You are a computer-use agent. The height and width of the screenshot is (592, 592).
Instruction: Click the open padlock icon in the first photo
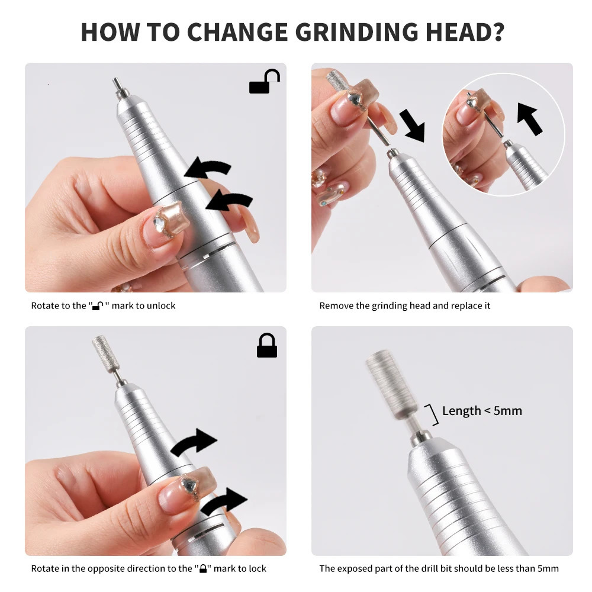click(264, 82)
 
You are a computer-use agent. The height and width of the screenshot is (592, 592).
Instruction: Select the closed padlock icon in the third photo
click(267, 346)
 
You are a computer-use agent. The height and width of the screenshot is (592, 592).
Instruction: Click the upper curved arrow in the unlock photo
click(208, 169)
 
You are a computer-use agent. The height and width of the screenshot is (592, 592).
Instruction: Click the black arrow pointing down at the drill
click(412, 125)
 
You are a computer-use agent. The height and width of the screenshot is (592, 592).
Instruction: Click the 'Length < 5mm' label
click(482, 411)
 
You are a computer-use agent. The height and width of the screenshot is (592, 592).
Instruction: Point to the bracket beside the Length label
click(433, 414)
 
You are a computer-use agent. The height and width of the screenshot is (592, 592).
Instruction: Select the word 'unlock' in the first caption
click(162, 306)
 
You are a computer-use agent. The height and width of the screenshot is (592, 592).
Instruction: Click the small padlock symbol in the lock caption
click(203, 569)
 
